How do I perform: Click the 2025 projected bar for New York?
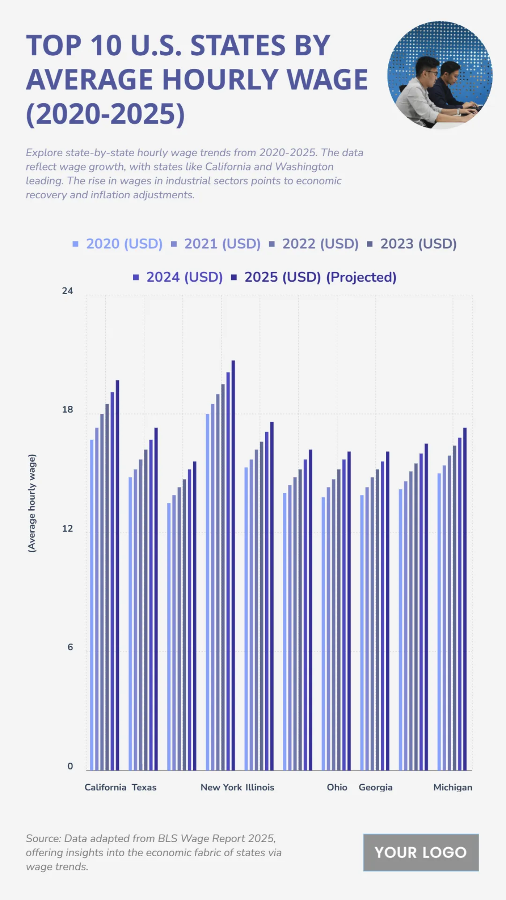(x=233, y=565)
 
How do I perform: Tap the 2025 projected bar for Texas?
(x=156, y=599)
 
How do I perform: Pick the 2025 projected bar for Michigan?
(x=465, y=599)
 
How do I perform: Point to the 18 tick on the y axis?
(x=67, y=410)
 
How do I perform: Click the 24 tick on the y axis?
(x=67, y=291)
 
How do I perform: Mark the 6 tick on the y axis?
(x=70, y=647)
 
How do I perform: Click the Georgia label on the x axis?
(x=376, y=787)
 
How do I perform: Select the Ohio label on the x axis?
(x=337, y=787)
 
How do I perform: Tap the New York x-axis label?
(x=221, y=787)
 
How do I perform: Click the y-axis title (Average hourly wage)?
(x=32, y=503)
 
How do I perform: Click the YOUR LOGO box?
(x=421, y=852)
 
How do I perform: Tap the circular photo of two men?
(x=440, y=75)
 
